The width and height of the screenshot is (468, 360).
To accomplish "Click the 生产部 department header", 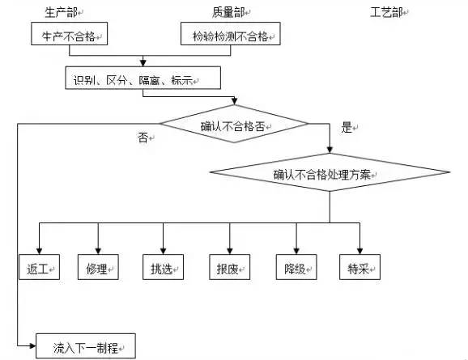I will point(64,11).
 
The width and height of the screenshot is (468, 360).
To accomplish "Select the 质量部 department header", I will point(229,11).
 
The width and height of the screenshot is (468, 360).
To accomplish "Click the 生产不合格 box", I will point(69,35).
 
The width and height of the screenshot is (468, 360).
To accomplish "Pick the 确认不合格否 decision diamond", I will point(233,125).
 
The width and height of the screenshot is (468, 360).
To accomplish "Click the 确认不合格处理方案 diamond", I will point(328,172).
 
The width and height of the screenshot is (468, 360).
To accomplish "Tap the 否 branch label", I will point(143,138).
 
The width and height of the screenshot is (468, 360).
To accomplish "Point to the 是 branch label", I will point(347,128).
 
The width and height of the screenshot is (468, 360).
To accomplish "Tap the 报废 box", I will point(229,268).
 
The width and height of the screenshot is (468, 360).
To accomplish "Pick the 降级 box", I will point(296,268).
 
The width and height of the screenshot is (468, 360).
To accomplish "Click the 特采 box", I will point(360,268).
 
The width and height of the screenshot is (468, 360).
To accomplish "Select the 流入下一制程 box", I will point(85,347).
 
